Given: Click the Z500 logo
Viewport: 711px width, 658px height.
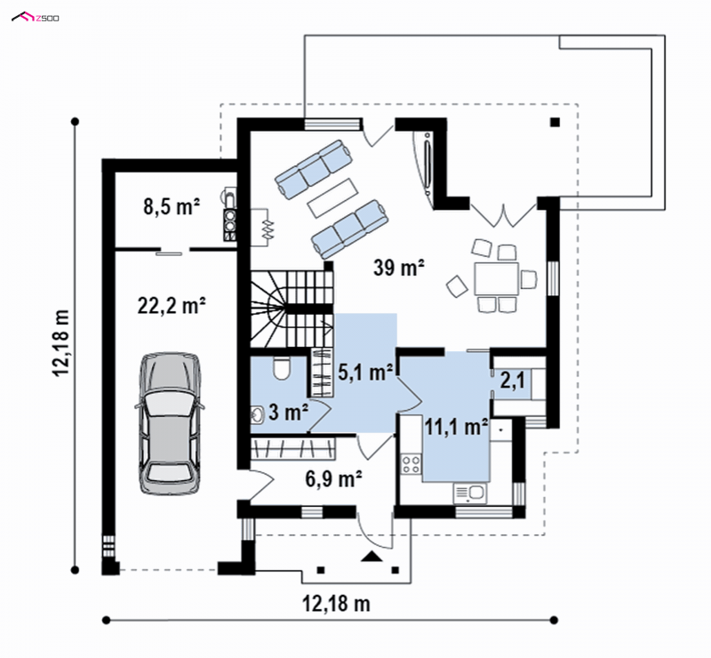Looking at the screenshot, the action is [35, 18].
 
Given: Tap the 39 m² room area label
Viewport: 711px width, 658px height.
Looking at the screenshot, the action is [398, 268].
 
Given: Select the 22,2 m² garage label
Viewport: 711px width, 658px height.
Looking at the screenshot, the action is [172, 305].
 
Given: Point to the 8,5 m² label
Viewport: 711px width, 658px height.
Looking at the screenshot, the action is [172, 206].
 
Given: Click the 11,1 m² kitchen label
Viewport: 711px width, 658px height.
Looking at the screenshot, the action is [456, 427].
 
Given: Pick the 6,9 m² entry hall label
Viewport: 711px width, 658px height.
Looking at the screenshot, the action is [333, 478].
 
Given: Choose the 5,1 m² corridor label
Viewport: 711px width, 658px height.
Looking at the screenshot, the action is [365, 372].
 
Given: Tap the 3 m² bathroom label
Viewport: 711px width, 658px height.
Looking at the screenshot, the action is [288, 412].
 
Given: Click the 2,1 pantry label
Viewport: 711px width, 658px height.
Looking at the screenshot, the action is [513, 380].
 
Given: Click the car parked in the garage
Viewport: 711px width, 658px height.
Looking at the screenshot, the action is [169, 422].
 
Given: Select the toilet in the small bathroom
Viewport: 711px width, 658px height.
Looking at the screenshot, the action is [281, 367].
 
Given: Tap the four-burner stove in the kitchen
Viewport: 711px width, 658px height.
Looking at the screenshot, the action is [411, 464].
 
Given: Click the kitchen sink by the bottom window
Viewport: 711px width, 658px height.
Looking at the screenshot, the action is [470, 493].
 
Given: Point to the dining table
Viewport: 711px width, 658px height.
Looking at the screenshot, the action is [496, 278].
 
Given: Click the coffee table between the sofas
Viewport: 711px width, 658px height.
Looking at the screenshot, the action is [332, 198].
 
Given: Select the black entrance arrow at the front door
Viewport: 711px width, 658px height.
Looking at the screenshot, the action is [371, 557].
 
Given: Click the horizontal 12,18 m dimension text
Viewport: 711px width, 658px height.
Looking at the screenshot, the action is [336, 604].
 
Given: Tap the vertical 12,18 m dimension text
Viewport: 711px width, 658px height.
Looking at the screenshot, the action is [61, 342].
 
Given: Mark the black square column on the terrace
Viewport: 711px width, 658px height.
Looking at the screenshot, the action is [555, 122].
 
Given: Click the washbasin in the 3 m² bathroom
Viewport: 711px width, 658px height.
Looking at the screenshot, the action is [258, 414].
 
